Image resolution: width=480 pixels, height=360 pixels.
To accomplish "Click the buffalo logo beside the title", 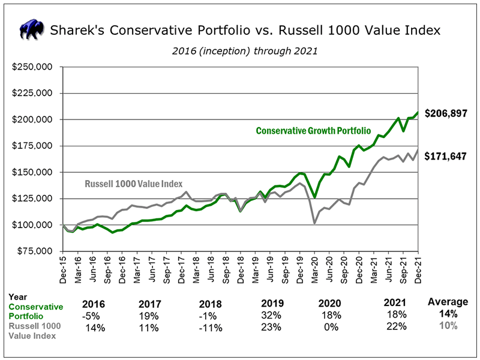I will tap(33, 29).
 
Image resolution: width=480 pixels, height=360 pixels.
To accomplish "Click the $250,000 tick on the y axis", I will tap(33, 67).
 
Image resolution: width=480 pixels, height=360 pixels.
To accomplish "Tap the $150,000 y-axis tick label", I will tap(33, 172).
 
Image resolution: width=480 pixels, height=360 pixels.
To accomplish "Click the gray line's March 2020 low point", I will tap(314, 223).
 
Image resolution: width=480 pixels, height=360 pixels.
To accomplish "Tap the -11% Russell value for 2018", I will tap(211, 328).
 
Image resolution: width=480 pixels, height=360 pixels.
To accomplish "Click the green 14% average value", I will tap(448, 314).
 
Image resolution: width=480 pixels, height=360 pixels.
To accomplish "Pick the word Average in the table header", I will tap(448, 302).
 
